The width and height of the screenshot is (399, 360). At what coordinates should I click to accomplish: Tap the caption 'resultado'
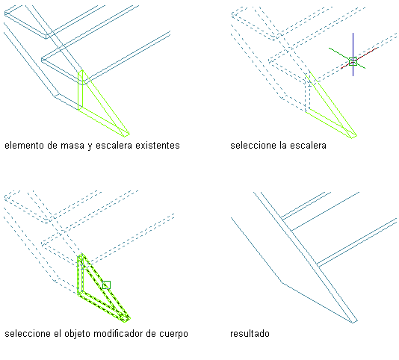(250, 334)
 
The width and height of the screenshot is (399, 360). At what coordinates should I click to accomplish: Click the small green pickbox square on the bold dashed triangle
(106, 285)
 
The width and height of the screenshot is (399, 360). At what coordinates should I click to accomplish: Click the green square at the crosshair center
(353, 62)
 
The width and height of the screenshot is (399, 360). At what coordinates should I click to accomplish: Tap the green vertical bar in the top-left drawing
(81, 90)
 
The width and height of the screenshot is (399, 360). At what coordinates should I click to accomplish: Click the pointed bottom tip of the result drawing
(353, 323)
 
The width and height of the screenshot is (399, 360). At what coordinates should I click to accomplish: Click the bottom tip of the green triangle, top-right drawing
(352, 138)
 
